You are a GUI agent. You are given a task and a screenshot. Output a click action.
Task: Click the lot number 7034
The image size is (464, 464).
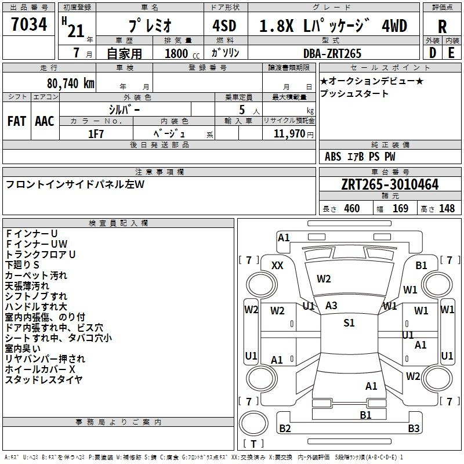pyautogui.click(x=29, y=24)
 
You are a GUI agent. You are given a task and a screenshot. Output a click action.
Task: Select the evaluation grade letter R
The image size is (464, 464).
pyautogui.click(x=442, y=27)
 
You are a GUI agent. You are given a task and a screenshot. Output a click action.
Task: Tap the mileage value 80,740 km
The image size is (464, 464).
pyautogui.click(x=70, y=83)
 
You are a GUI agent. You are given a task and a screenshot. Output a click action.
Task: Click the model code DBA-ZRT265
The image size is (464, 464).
pyautogui.click(x=332, y=53)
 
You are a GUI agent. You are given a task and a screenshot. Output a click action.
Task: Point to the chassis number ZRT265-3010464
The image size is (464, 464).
pyautogui.click(x=390, y=184)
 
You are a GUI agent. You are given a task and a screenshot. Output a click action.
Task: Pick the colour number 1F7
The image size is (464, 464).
pyautogui.click(x=96, y=134)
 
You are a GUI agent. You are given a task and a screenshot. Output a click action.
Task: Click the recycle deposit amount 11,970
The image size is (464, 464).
pyautogui.click(x=289, y=134)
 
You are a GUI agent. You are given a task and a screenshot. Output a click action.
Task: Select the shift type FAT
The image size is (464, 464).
pyautogui.click(x=17, y=121)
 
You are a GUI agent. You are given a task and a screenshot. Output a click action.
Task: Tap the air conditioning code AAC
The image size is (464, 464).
pyautogui.click(x=45, y=121)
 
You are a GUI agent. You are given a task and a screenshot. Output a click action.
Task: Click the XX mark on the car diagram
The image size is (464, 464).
pyautogui.click(x=277, y=266)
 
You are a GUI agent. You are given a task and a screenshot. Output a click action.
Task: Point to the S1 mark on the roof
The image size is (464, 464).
pyautogui.click(x=349, y=322)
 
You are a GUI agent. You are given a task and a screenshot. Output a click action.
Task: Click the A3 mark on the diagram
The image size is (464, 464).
pyautogui.click(x=331, y=306)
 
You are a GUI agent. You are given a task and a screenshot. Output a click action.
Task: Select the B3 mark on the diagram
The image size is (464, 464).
pyautogui.click(x=414, y=428)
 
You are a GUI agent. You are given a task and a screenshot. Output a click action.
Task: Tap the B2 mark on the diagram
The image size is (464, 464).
pyautogui.click(x=285, y=428)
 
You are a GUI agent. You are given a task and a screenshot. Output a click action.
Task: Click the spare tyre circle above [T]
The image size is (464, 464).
pyautogui.click(x=253, y=423)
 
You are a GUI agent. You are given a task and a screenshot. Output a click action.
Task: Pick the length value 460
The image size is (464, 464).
pyautogui.click(x=352, y=209)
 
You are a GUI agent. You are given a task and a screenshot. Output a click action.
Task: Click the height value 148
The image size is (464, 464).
pyautogui.click(x=447, y=209)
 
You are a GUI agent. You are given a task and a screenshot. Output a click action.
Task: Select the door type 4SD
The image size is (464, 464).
pyautogui.click(x=224, y=26)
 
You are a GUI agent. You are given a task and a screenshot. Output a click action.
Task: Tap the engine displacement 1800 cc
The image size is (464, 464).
pyautogui.click(x=182, y=53)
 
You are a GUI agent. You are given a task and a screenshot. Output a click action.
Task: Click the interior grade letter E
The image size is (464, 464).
pyautogui.click(x=451, y=53)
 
